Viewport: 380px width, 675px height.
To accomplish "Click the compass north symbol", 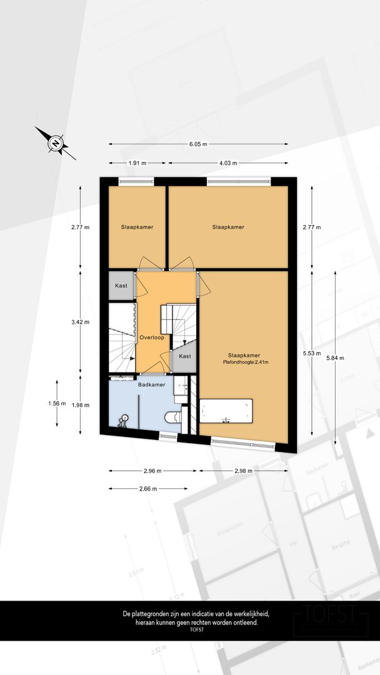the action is coord(56,143).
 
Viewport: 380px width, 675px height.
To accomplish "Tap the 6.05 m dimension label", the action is coord(198,144).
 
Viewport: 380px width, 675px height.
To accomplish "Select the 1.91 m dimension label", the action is coord(137,163).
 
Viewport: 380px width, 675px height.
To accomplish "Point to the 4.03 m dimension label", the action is coord(228,163).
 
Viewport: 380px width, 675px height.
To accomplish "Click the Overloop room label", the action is coord(152,338).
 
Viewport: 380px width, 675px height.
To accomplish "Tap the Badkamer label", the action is coord(151,385).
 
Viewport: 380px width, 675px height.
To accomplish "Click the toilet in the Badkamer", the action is coord(174,417).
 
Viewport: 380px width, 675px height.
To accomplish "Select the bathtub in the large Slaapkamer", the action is coord(226,411).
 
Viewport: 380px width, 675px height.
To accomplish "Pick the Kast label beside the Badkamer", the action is coord(184,356).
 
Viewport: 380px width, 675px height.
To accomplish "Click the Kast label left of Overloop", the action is coord(121,286).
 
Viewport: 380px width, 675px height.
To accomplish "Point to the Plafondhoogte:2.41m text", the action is coord(246,362).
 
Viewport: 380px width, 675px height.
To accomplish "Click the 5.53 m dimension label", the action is coord(312,353).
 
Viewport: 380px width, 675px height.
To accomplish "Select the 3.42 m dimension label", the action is coord(81,322).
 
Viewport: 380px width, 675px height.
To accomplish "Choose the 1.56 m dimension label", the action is coord(57,403).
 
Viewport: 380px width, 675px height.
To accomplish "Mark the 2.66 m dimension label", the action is coord(147,489).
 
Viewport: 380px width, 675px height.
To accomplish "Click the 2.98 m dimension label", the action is coord(243,471).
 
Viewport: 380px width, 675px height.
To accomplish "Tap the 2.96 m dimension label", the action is coord(152,471).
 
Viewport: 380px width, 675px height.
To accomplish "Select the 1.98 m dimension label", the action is coord(81,405).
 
